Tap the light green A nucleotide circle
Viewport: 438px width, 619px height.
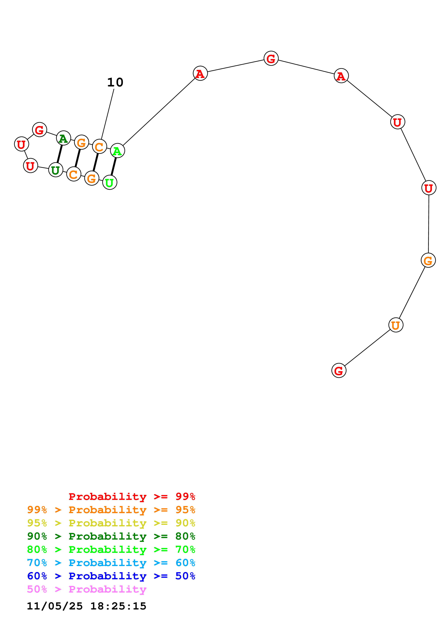click(x=117, y=151)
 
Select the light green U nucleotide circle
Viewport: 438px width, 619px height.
click(x=110, y=182)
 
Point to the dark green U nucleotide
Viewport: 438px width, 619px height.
click(x=56, y=170)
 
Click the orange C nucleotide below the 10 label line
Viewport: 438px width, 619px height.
click(x=99, y=147)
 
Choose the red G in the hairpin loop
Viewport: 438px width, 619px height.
click(x=39, y=130)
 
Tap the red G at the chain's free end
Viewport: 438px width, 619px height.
click(x=339, y=371)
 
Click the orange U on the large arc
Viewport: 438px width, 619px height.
click(x=396, y=325)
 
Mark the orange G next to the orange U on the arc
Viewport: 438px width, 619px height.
click(x=428, y=260)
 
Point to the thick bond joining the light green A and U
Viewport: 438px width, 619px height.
click(x=114, y=167)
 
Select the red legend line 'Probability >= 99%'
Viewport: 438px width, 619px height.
click(x=132, y=497)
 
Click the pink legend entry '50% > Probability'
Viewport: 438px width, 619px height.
click(x=86, y=589)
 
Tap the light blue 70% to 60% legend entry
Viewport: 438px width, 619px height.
click(x=111, y=563)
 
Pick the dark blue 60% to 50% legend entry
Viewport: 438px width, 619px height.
click(x=111, y=576)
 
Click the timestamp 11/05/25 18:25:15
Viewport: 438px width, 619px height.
click(x=86, y=606)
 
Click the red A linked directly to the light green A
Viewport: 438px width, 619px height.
click(x=200, y=73)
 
